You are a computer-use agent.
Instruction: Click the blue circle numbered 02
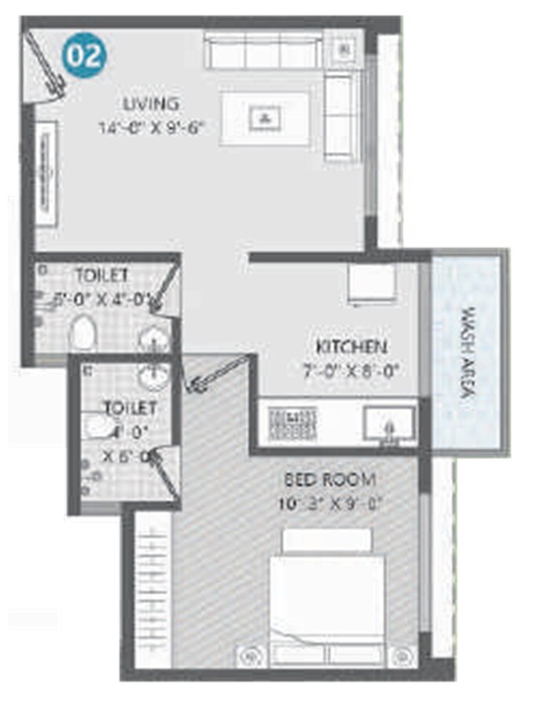(x=84, y=56)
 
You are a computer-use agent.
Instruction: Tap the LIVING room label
(x=151, y=103)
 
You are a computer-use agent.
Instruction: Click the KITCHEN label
(x=351, y=347)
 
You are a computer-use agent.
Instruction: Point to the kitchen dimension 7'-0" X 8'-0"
(x=354, y=370)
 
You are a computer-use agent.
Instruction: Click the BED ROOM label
(x=330, y=479)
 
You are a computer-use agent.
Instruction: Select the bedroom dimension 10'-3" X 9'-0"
(x=330, y=503)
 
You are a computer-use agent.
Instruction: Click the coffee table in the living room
(x=264, y=118)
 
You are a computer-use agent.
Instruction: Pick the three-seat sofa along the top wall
(x=262, y=50)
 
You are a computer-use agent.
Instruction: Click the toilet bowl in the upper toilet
(x=82, y=333)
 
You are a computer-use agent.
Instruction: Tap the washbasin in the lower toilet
(x=153, y=375)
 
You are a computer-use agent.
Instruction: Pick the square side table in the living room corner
(x=343, y=50)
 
